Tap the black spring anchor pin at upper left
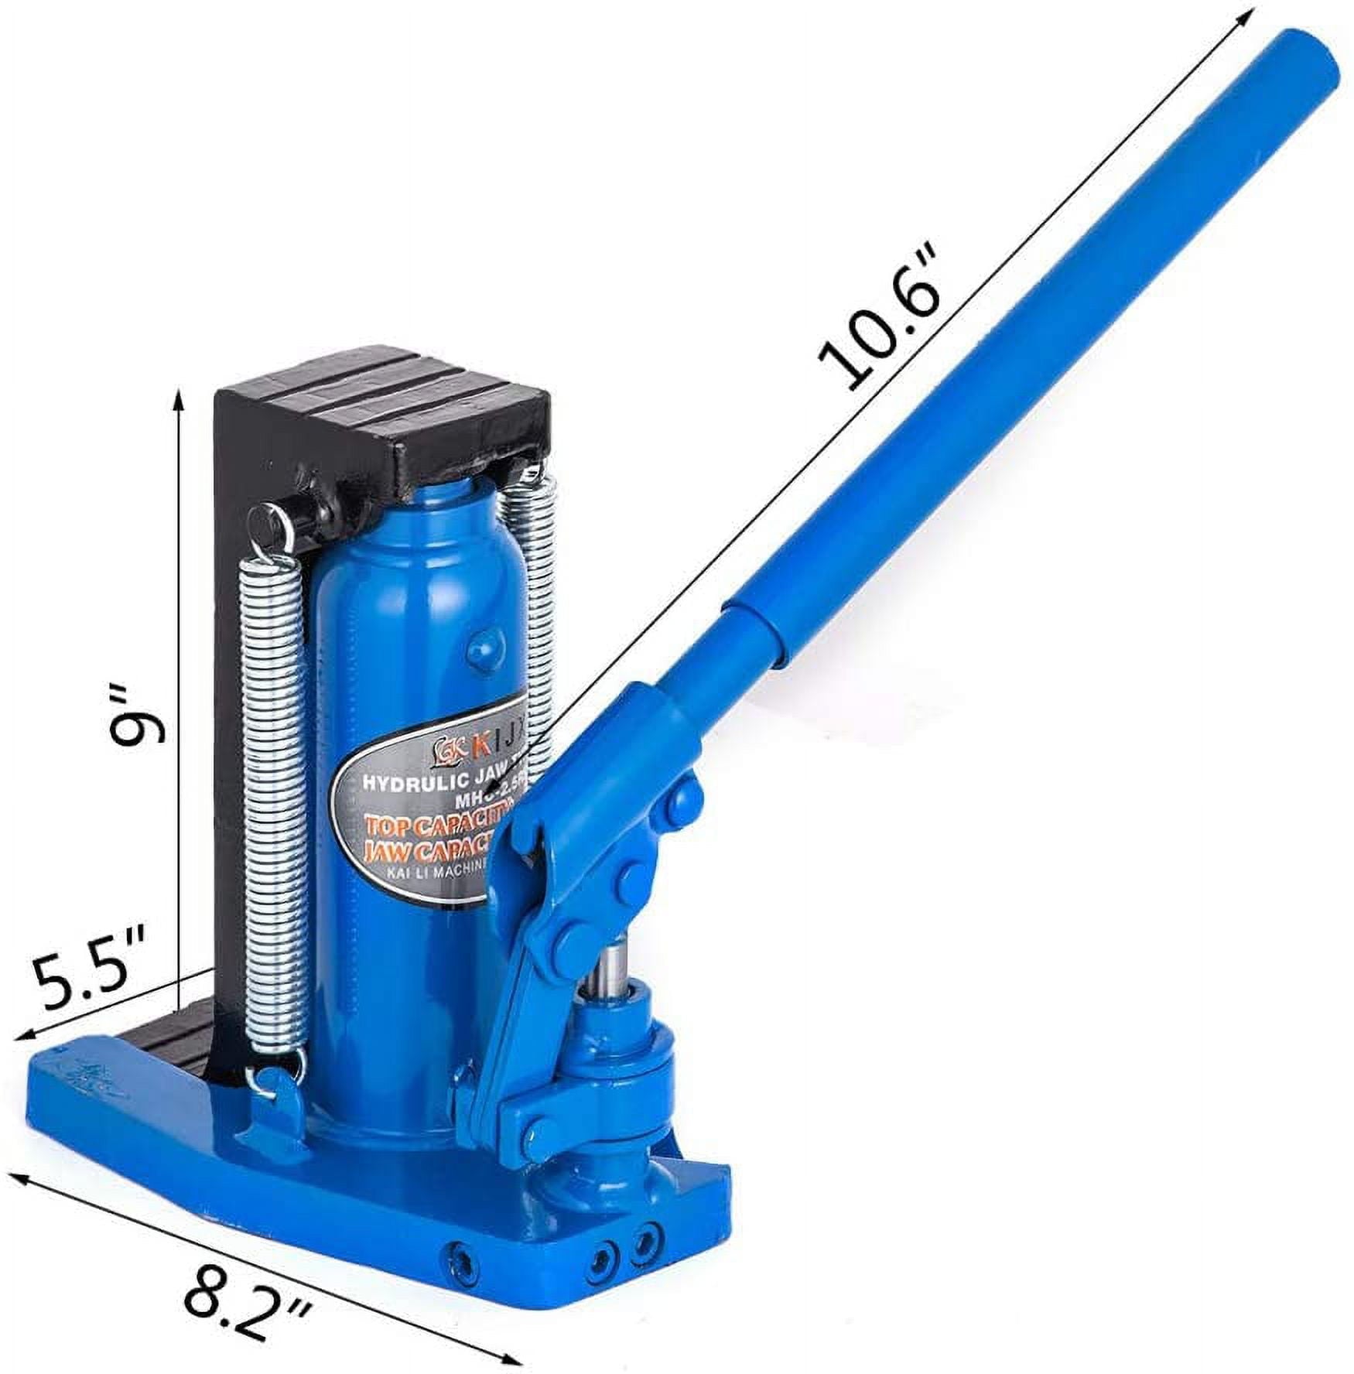pos(267,516)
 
